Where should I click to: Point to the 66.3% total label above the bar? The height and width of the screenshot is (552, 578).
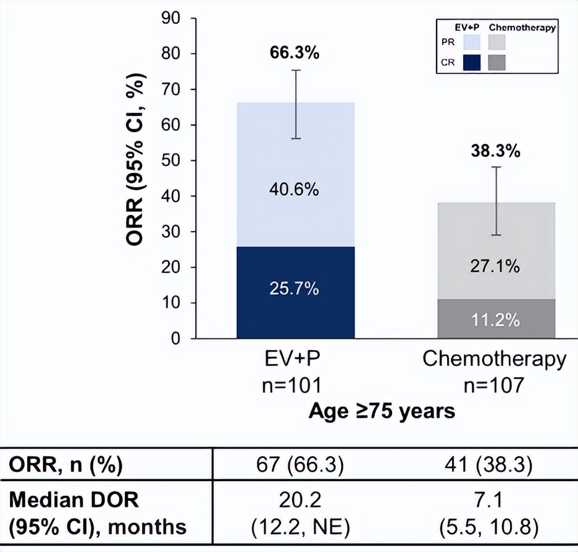tap(295, 53)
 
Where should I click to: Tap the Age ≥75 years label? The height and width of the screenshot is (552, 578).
tap(382, 411)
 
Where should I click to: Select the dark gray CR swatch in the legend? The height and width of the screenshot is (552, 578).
tap(497, 62)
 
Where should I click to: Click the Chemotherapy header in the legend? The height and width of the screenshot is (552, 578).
tap(522, 27)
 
